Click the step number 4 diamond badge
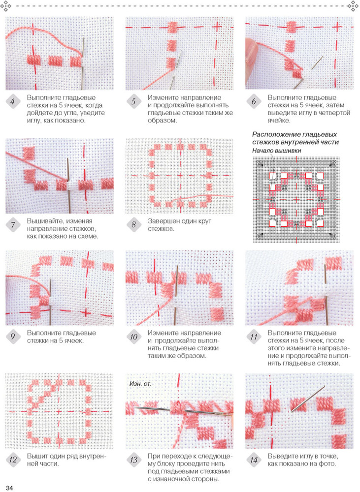[13, 102]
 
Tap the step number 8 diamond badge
[134, 225]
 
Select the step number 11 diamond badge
[254, 337]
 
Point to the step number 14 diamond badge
[254, 461]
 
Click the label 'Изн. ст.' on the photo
[140, 383]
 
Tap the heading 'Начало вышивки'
[277, 151]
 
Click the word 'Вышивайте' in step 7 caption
[44, 221]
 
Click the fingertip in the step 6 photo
[251, 50]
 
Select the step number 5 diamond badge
[134, 102]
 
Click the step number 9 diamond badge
[13, 337]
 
